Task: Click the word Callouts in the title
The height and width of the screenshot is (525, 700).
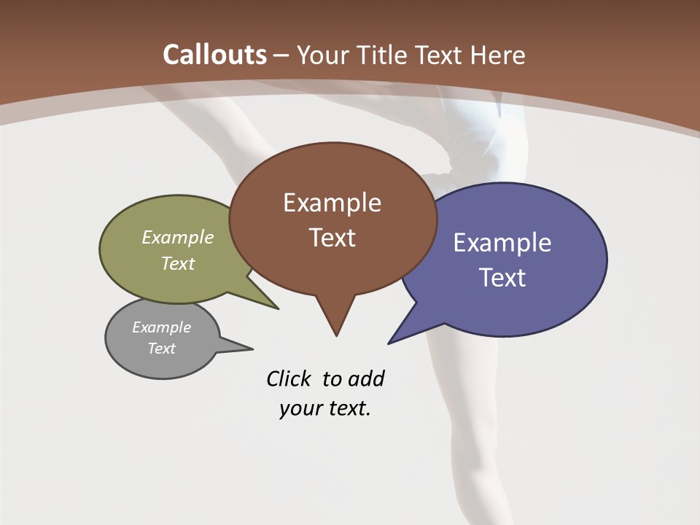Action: coord(214,55)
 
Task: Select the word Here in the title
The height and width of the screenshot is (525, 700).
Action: coord(498,55)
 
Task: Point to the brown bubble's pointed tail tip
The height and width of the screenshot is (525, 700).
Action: coord(336,335)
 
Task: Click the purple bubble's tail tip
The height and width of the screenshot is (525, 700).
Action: coord(389,343)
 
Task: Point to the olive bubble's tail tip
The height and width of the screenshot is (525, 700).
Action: coord(278,308)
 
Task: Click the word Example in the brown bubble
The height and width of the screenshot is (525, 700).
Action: coord(332,203)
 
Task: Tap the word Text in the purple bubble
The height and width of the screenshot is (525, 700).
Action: coord(503,278)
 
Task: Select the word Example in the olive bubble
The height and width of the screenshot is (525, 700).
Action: coord(178,238)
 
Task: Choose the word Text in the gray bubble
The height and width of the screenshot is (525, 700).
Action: coord(162,349)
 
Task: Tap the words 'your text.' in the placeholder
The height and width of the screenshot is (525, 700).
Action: coord(325,408)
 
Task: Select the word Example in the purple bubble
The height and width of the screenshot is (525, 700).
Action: coord(502,243)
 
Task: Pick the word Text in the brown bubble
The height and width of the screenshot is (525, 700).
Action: coord(332,238)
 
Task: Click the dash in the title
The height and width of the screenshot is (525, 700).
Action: coord(281,55)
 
